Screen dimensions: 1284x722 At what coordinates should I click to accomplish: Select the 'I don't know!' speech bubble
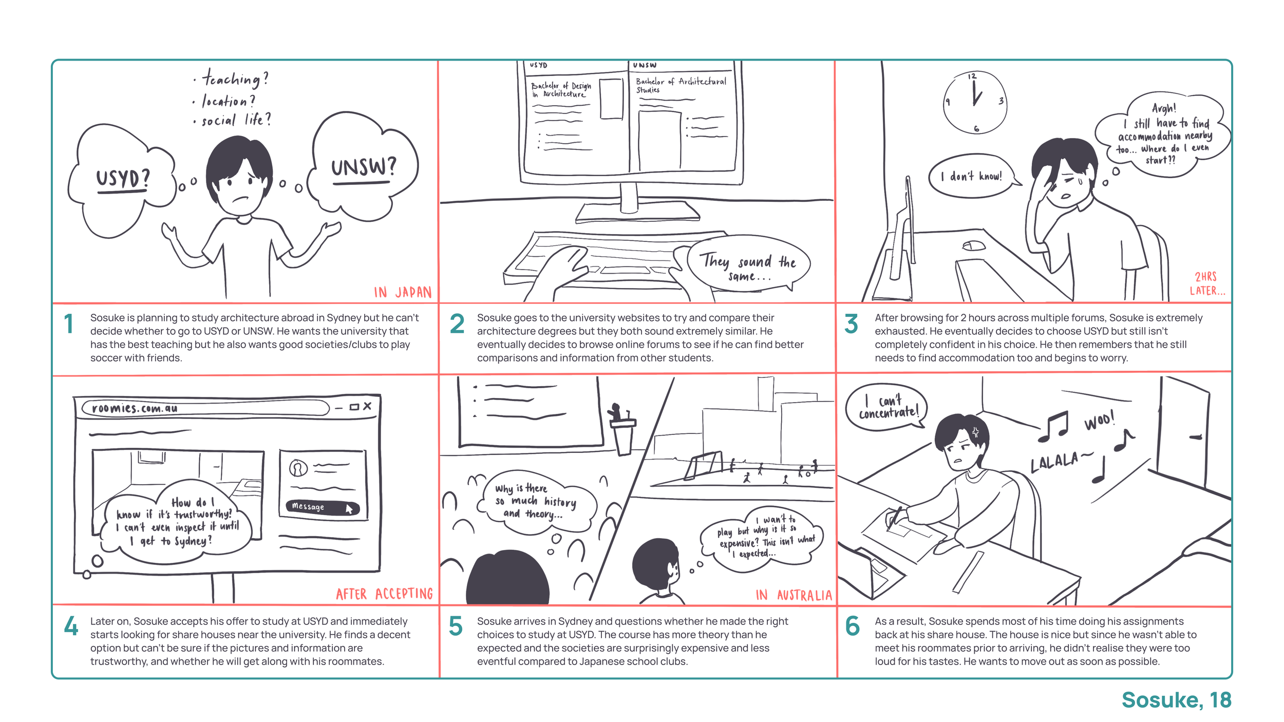pyautogui.click(x=972, y=176)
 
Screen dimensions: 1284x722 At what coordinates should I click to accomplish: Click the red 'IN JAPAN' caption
pyautogui.click(x=403, y=292)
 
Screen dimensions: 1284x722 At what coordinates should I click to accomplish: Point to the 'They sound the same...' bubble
pyautogui.click(x=748, y=267)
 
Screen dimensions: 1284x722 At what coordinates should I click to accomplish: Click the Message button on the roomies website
pyautogui.click(x=322, y=507)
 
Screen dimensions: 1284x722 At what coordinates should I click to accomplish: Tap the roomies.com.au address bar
pyautogui.click(x=205, y=408)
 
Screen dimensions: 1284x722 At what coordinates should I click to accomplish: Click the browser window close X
pyautogui.click(x=367, y=406)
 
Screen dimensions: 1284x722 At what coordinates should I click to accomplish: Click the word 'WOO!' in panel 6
pyautogui.click(x=1100, y=421)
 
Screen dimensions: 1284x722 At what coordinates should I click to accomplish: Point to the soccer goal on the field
pyautogui.click(x=704, y=464)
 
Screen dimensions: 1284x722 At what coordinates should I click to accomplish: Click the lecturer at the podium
pyautogui.click(x=616, y=412)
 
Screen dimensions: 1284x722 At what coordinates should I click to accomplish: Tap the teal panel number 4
pyautogui.click(x=71, y=626)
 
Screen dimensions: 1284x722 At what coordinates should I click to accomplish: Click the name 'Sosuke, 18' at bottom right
pyautogui.click(x=1176, y=700)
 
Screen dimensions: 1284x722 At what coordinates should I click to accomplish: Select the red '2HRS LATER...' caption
pyautogui.click(x=1207, y=283)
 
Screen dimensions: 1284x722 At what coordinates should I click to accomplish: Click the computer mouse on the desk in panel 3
pyautogui.click(x=974, y=246)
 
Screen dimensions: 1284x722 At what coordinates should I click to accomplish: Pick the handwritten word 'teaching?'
pyautogui.click(x=235, y=78)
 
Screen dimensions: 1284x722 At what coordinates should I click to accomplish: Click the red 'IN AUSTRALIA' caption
pyautogui.click(x=794, y=595)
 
